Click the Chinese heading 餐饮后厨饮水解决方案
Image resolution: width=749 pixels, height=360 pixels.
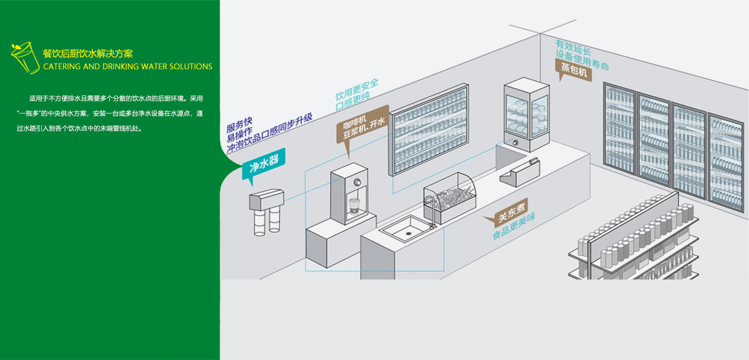[x=87, y=54]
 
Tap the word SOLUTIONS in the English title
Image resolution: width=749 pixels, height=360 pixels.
[x=190, y=67]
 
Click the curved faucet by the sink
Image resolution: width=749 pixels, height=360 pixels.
[x=430, y=205]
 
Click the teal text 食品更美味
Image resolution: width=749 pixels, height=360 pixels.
[x=514, y=226]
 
